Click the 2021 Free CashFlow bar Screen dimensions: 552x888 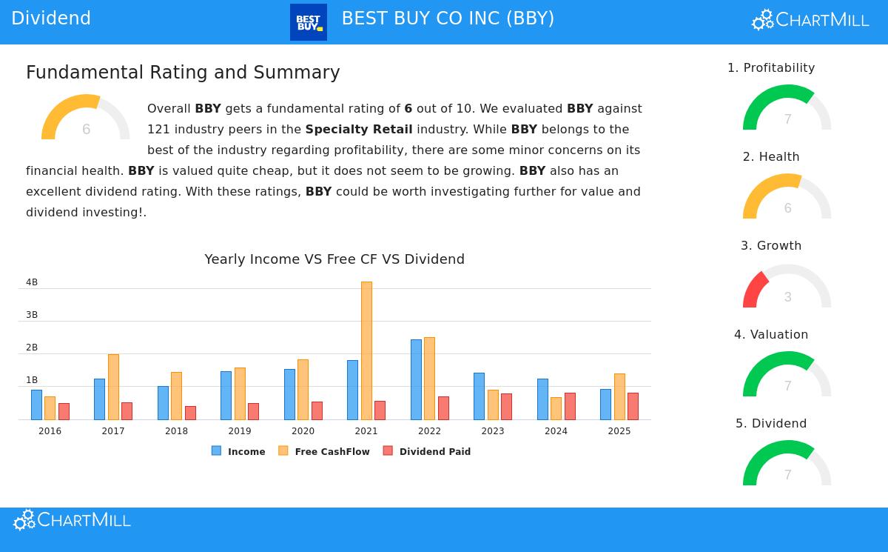[x=366, y=350]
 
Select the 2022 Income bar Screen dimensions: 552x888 [x=416, y=379]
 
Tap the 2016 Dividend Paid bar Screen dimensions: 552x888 [x=64, y=411]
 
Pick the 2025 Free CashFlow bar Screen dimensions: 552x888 [x=619, y=396]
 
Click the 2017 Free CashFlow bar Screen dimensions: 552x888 [x=113, y=387]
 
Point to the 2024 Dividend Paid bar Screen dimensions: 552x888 [x=570, y=406]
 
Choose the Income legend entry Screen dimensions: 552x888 [x=238, y=451]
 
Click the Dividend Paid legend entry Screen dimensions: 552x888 [x=427, y=451]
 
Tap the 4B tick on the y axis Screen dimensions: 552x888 [x=32, y=282]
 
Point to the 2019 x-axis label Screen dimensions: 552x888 [x=240, y=431]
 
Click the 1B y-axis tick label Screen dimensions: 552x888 [x=32, y=380]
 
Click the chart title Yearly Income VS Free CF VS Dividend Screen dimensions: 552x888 [x=334, y=259]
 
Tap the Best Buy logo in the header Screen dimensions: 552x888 [x=309, y=22]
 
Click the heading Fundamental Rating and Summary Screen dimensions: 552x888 [x=183, y=73]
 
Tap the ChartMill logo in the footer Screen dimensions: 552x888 [x=73, y=520]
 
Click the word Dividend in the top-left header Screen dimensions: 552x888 [x=51, y=19]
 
